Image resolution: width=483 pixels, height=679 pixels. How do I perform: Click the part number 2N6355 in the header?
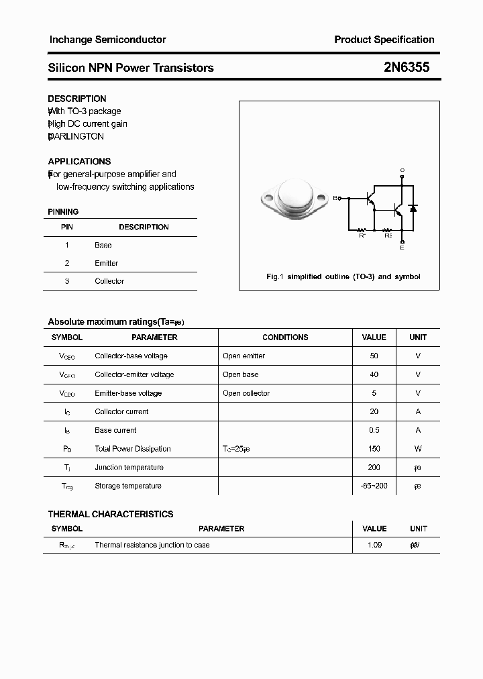point(406,67)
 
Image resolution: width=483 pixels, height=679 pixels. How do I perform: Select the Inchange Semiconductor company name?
point(107,40)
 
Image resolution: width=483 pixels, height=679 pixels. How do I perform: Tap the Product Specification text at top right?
point(384,40)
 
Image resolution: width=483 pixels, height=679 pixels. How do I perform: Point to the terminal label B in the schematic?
point(335,198)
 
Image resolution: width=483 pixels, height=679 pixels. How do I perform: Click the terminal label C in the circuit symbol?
point(402,170)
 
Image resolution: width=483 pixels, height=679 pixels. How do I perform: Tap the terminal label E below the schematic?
point(402,248)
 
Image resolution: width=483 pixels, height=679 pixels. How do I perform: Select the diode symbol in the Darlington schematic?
point(413,209)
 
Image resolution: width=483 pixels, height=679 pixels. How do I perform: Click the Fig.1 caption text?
point(343,276)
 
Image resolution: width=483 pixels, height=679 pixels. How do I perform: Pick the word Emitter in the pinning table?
point(106,263)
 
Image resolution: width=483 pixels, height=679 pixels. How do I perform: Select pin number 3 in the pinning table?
point(67,281)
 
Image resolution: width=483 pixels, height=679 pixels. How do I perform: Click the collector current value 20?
point(374,411)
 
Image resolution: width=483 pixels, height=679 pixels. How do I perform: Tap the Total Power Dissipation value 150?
point(374,449)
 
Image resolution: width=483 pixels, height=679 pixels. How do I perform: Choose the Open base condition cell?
point(240,374)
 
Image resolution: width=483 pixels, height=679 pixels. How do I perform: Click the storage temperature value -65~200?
point(374,486)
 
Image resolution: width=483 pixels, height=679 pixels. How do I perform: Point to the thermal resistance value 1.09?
point(374,545)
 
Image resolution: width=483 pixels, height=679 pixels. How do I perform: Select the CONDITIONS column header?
point(285,337)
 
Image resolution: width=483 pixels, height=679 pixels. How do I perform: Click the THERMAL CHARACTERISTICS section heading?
point(111,514)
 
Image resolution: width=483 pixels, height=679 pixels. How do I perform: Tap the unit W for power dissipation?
point(418,449)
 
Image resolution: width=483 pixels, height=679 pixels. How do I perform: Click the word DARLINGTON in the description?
point(76,136)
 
